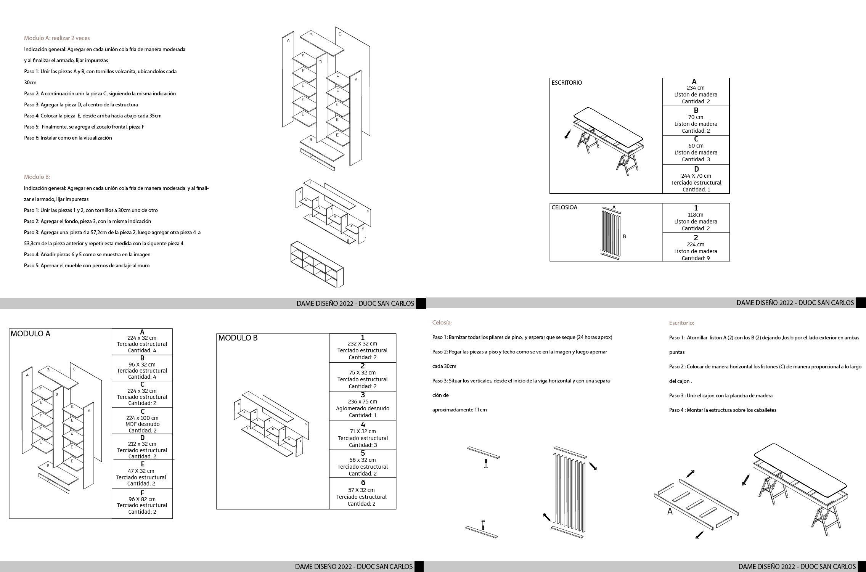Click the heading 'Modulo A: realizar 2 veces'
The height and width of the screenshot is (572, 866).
(57, 38)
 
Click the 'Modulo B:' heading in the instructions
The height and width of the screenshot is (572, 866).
(37, 177)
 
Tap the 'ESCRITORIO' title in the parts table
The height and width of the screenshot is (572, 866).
(567, 83)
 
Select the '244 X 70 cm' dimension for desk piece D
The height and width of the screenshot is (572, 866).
(696, 176)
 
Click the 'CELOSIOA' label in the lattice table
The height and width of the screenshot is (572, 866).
(564, 207)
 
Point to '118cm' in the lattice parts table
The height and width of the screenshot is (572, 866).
(696, 215)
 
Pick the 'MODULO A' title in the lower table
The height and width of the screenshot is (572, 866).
(31, 334)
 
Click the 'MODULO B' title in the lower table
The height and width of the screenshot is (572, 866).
(238, 338)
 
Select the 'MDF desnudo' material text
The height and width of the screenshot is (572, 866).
(142, 424)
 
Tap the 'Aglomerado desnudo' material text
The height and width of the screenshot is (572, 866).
(362, 408)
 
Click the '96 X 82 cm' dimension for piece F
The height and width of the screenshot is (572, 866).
(142, 499)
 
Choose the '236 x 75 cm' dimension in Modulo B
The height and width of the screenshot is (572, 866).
(362, 402)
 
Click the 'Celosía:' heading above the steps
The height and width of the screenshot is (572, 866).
(442, 323)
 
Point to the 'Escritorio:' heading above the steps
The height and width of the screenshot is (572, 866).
(681, 323)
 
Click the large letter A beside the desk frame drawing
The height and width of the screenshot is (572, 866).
(670, 512)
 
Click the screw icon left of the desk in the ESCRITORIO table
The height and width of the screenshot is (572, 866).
(568, 134)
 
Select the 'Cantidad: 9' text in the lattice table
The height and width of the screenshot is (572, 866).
(696, 258)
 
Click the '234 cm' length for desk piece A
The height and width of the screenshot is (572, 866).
(696, 88)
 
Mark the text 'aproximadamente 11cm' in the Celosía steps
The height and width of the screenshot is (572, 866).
(460, 410)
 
